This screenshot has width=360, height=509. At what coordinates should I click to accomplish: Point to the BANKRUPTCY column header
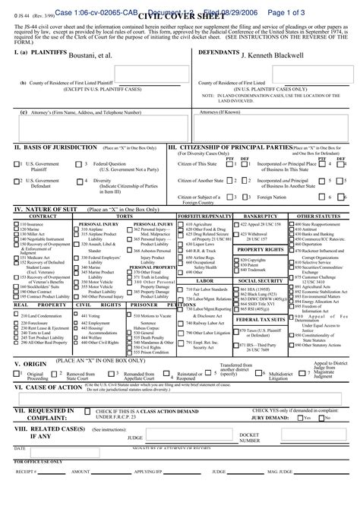pyautogui.click(x=261, y=216)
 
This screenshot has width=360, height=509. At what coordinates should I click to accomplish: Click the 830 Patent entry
pyautogui.click(x=251, y=264)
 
